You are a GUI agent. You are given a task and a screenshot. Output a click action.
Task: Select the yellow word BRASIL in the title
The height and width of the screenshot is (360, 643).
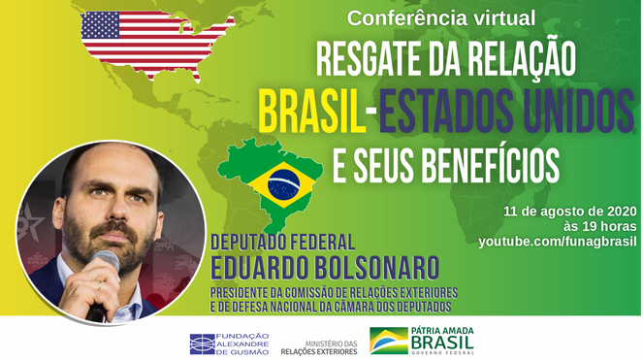point(308,110)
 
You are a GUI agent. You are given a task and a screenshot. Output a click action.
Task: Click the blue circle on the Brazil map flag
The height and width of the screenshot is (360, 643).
point(283,180)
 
